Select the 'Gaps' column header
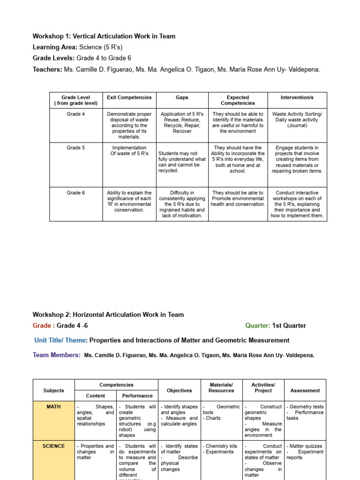[x=182, y=97]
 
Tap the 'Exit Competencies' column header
[x=129, y=97]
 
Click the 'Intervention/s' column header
[x=297, y=97]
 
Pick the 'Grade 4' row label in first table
[x=75, y=114]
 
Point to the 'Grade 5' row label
[x=75, y=148]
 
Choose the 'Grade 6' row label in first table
[x=75, y=193]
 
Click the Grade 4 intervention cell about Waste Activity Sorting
[x=297, y=120]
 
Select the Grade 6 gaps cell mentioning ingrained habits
[x=182, y=204]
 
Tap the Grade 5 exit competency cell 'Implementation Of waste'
[x=129, y=150]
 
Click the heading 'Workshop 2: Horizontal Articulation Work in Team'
[x=108, y=315]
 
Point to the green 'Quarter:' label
[x=257, y=326]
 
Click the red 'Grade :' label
[x=44, y=326]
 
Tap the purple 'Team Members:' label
[x=57, y=355]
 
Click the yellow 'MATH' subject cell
[x=53, y=407]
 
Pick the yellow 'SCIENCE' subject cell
[x=53, y=446]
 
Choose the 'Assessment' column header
[x=305, y=390]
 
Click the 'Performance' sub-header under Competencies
[x=137, y=396]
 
